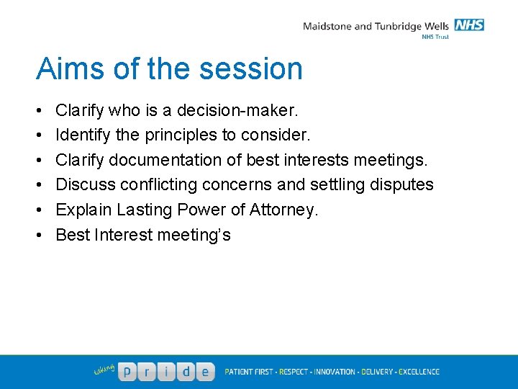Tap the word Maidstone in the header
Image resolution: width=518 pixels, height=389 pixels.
pos(327,27)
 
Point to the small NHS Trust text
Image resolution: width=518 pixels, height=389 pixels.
pos(435,37)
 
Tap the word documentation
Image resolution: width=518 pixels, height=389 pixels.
pos(165,160)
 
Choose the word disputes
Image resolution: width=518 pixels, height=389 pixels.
pos(400,184)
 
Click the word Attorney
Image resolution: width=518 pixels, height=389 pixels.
pos(283,210)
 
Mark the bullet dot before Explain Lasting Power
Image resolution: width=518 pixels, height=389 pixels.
pos(37,210)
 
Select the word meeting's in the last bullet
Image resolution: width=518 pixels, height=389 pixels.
pos(194,234)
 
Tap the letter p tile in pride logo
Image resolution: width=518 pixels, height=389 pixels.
pos(127,372)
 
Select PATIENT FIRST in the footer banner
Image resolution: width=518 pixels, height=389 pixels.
pos(248,372)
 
